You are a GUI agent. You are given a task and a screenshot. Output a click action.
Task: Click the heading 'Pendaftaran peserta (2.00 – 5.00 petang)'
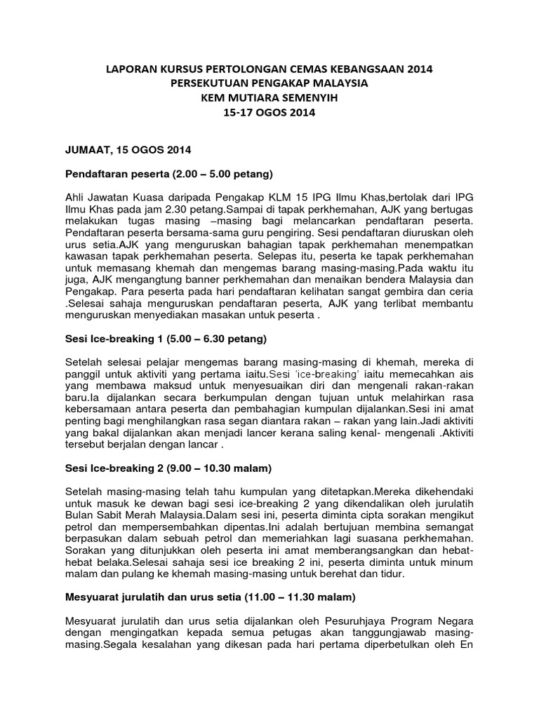(168, 173)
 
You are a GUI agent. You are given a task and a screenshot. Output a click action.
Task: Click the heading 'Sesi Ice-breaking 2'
(168, 466)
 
